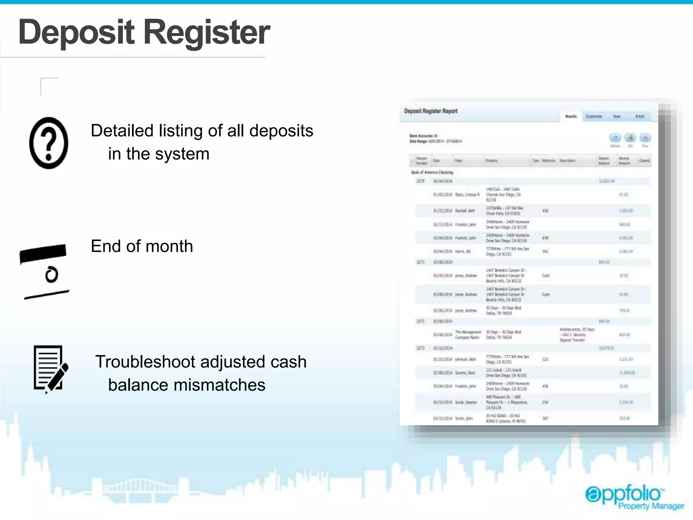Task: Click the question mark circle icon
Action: pyautogui.click(x=49, y=143)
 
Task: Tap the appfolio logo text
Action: pyautogui.click(x=624, y=494)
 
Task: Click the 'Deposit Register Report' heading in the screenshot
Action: pyautogui.click(x=431, y=111)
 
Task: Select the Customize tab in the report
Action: pyautogui.click(x=594, y=116)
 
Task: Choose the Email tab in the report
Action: pyautogui.click(x=640, y=116)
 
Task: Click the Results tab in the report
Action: pyautogui.click(x=571, y=116)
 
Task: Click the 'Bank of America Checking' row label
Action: pyautogui.click(x=432, y=172)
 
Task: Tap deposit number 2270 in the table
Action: pyautogui.click(x=420, y=181)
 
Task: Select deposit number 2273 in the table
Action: pyautogui.click(x=420, y=348)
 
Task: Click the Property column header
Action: pyautogui.click(x=491, y=161)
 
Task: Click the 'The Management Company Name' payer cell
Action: pyautogui.click(x=468, y=335)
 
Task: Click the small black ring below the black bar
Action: pyautogui.click(x=52, y=275)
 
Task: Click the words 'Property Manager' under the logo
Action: pyautogui.click(x=651, y=506)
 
